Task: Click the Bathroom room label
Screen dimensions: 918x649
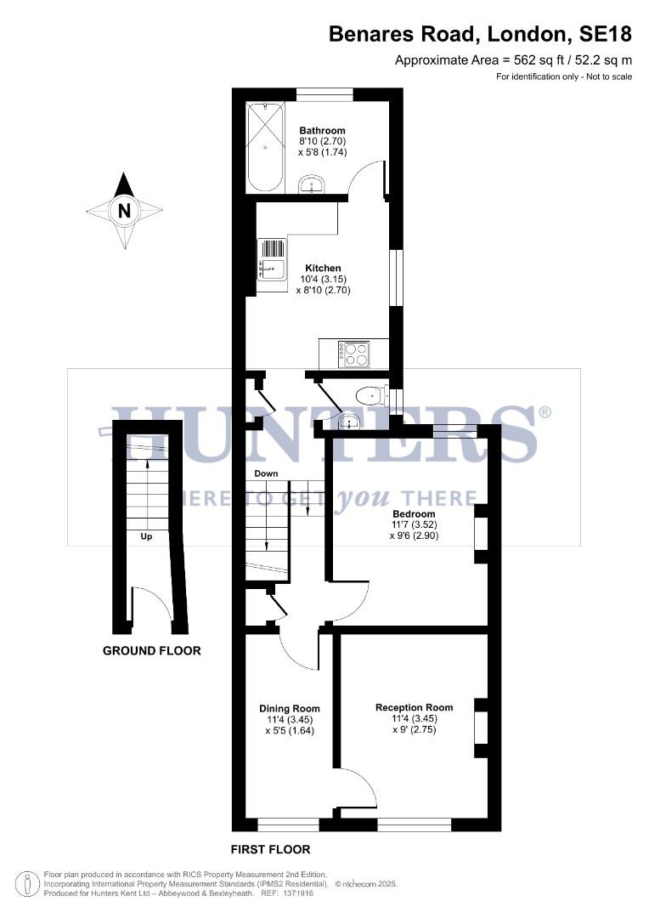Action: [322, 130]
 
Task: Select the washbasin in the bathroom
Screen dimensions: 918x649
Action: [313, 184]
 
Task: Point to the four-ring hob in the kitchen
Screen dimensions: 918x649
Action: [353, 353]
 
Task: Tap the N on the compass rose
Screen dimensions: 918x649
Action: [125, 211]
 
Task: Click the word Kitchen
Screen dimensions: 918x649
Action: [323, 268]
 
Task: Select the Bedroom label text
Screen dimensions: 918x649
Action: [414, 514]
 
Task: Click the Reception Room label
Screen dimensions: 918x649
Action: [414, 707]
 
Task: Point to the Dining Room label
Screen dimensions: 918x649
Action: [290, 708]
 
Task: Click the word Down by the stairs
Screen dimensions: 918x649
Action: [266, 473]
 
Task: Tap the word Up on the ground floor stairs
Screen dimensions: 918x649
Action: [146, 536]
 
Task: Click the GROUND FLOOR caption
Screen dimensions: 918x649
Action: [152, 651]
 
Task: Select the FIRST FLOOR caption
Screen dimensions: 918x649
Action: [271, 849]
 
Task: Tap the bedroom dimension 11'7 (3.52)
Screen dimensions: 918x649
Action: [414, 525]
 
